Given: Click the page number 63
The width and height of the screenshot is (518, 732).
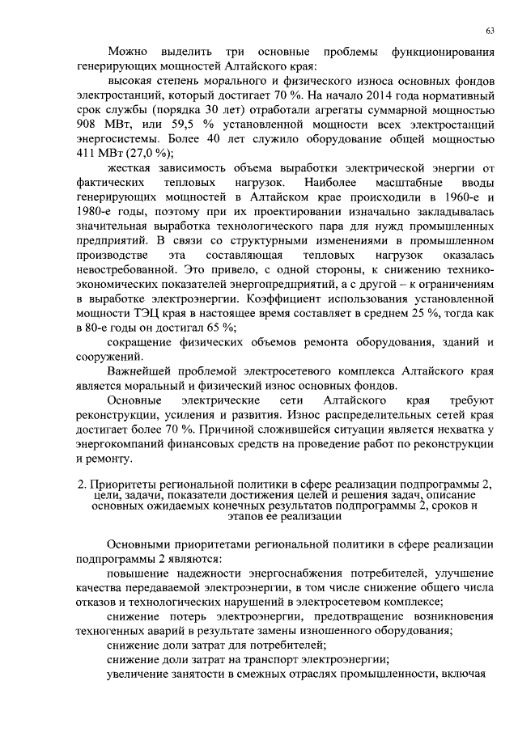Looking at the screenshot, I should coord(490,30).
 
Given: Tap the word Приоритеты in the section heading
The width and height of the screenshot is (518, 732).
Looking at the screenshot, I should coord(123,484).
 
